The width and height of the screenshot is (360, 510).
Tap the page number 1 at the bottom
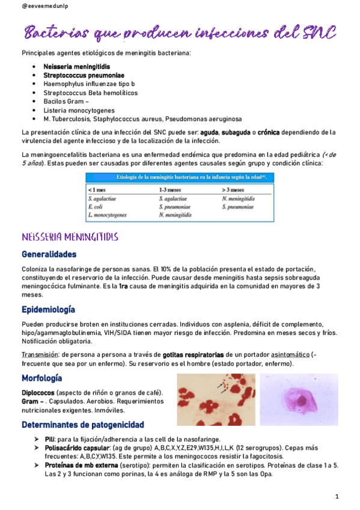[337, 496]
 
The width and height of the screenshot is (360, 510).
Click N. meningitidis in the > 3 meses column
[239, 198]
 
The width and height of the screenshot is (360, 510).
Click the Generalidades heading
[49, 254]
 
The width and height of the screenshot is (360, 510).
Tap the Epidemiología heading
[48, 310]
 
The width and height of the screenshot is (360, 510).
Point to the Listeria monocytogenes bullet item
[80, 111]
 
